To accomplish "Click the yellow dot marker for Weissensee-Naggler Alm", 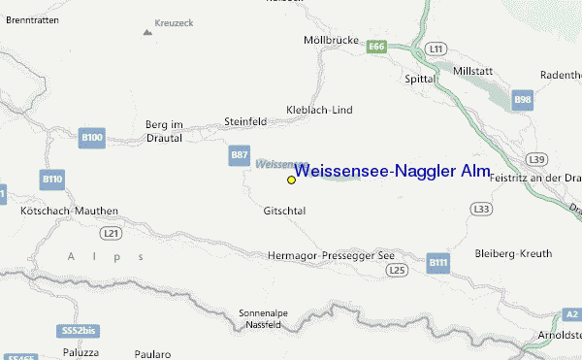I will [291, 180].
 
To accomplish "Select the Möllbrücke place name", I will [325, 41].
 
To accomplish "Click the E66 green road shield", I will [377, 46].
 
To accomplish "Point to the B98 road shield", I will [523, 99].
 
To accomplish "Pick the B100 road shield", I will [92, 139].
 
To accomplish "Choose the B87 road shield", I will [240, 155].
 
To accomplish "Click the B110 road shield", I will [52, 180].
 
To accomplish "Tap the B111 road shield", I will [439, 262].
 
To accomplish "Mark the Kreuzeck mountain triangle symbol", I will [147, 32].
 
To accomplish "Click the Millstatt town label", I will [472, 45].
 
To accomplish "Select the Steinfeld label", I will [244, 121].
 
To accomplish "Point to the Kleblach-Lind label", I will [318, 110].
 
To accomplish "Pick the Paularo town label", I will [150, 355].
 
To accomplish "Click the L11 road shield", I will [436, 48].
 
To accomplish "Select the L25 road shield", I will [396, 269].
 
